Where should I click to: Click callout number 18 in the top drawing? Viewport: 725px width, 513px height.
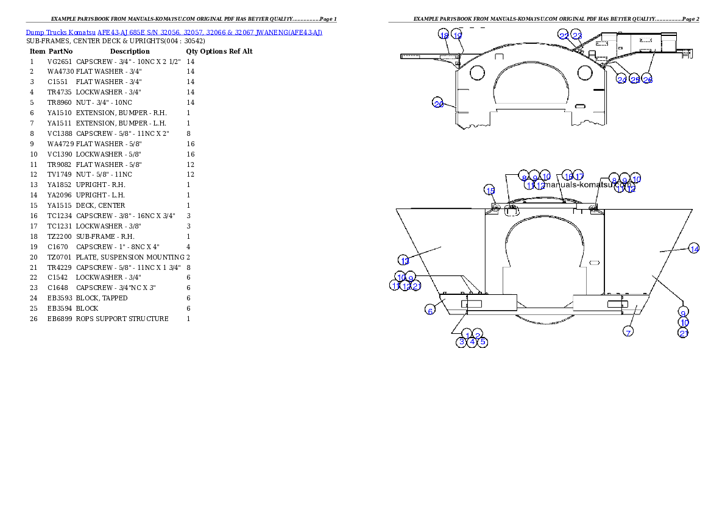point(444,35)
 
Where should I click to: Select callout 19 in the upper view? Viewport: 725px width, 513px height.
point(457,35)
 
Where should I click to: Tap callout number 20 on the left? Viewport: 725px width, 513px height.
point(438,104)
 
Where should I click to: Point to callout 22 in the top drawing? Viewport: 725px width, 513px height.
point(564,36)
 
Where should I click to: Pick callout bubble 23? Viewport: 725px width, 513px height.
point(577,36)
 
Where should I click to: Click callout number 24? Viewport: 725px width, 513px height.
point(621,79)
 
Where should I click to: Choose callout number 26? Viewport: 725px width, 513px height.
point(648,79)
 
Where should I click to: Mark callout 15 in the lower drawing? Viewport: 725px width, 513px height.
point(490,190)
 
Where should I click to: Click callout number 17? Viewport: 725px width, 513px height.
point(579,176)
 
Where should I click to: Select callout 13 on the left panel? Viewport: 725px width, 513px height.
point(404,260)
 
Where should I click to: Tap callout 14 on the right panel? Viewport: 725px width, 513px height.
point(693,248)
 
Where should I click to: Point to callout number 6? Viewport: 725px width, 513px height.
point(430,310)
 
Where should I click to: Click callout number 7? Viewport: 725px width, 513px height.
point(628,331)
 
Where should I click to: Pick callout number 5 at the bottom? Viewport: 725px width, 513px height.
point(483,342)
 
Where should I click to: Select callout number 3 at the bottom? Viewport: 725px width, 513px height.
point(462,342)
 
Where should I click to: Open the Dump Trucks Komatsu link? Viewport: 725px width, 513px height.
point(174,32)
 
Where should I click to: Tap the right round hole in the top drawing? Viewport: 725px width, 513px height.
point(584,73)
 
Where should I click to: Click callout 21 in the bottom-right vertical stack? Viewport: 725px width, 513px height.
point(684,333)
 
